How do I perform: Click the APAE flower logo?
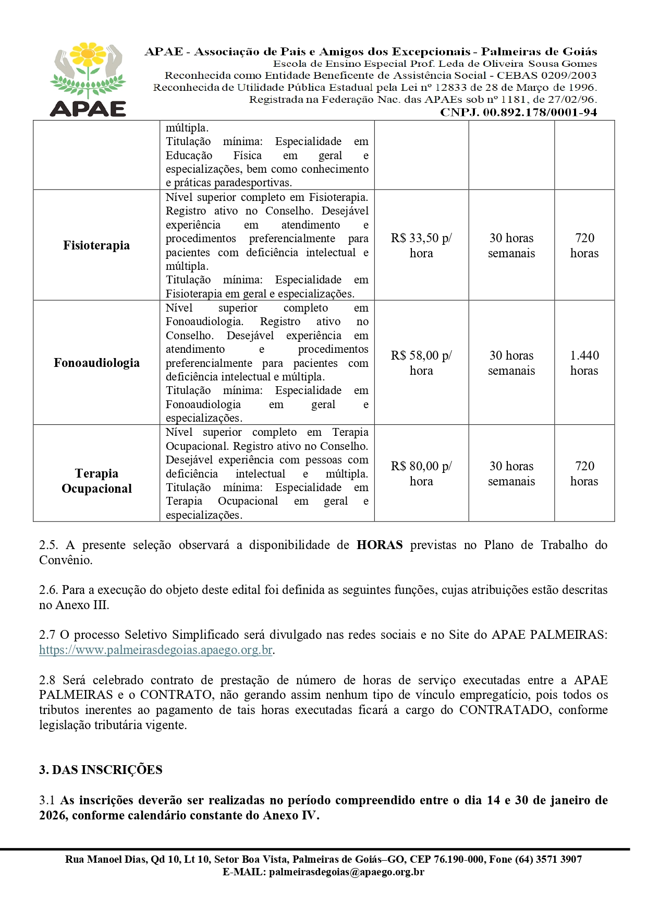pos(88,78)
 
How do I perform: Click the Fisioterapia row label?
pos(96,245)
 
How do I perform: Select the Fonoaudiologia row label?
pos(96,363)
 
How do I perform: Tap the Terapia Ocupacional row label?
pos(96,481)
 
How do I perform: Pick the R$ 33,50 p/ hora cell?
pos(421,245)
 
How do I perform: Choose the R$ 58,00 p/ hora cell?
pos(421,363)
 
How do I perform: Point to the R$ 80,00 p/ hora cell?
pos(421,473)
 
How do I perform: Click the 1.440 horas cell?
pos(584,363)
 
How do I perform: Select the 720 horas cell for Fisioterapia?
pos(584,245)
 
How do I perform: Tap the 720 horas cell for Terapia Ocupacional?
pos(584,473)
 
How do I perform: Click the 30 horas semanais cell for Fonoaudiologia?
pos(511,363)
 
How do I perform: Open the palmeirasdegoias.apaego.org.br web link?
pos(156,650)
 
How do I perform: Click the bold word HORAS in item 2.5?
pos(380,545)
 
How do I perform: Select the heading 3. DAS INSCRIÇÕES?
pos(101,770)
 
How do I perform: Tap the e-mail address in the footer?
pos(346,872)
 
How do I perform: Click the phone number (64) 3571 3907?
pos(548,859)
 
